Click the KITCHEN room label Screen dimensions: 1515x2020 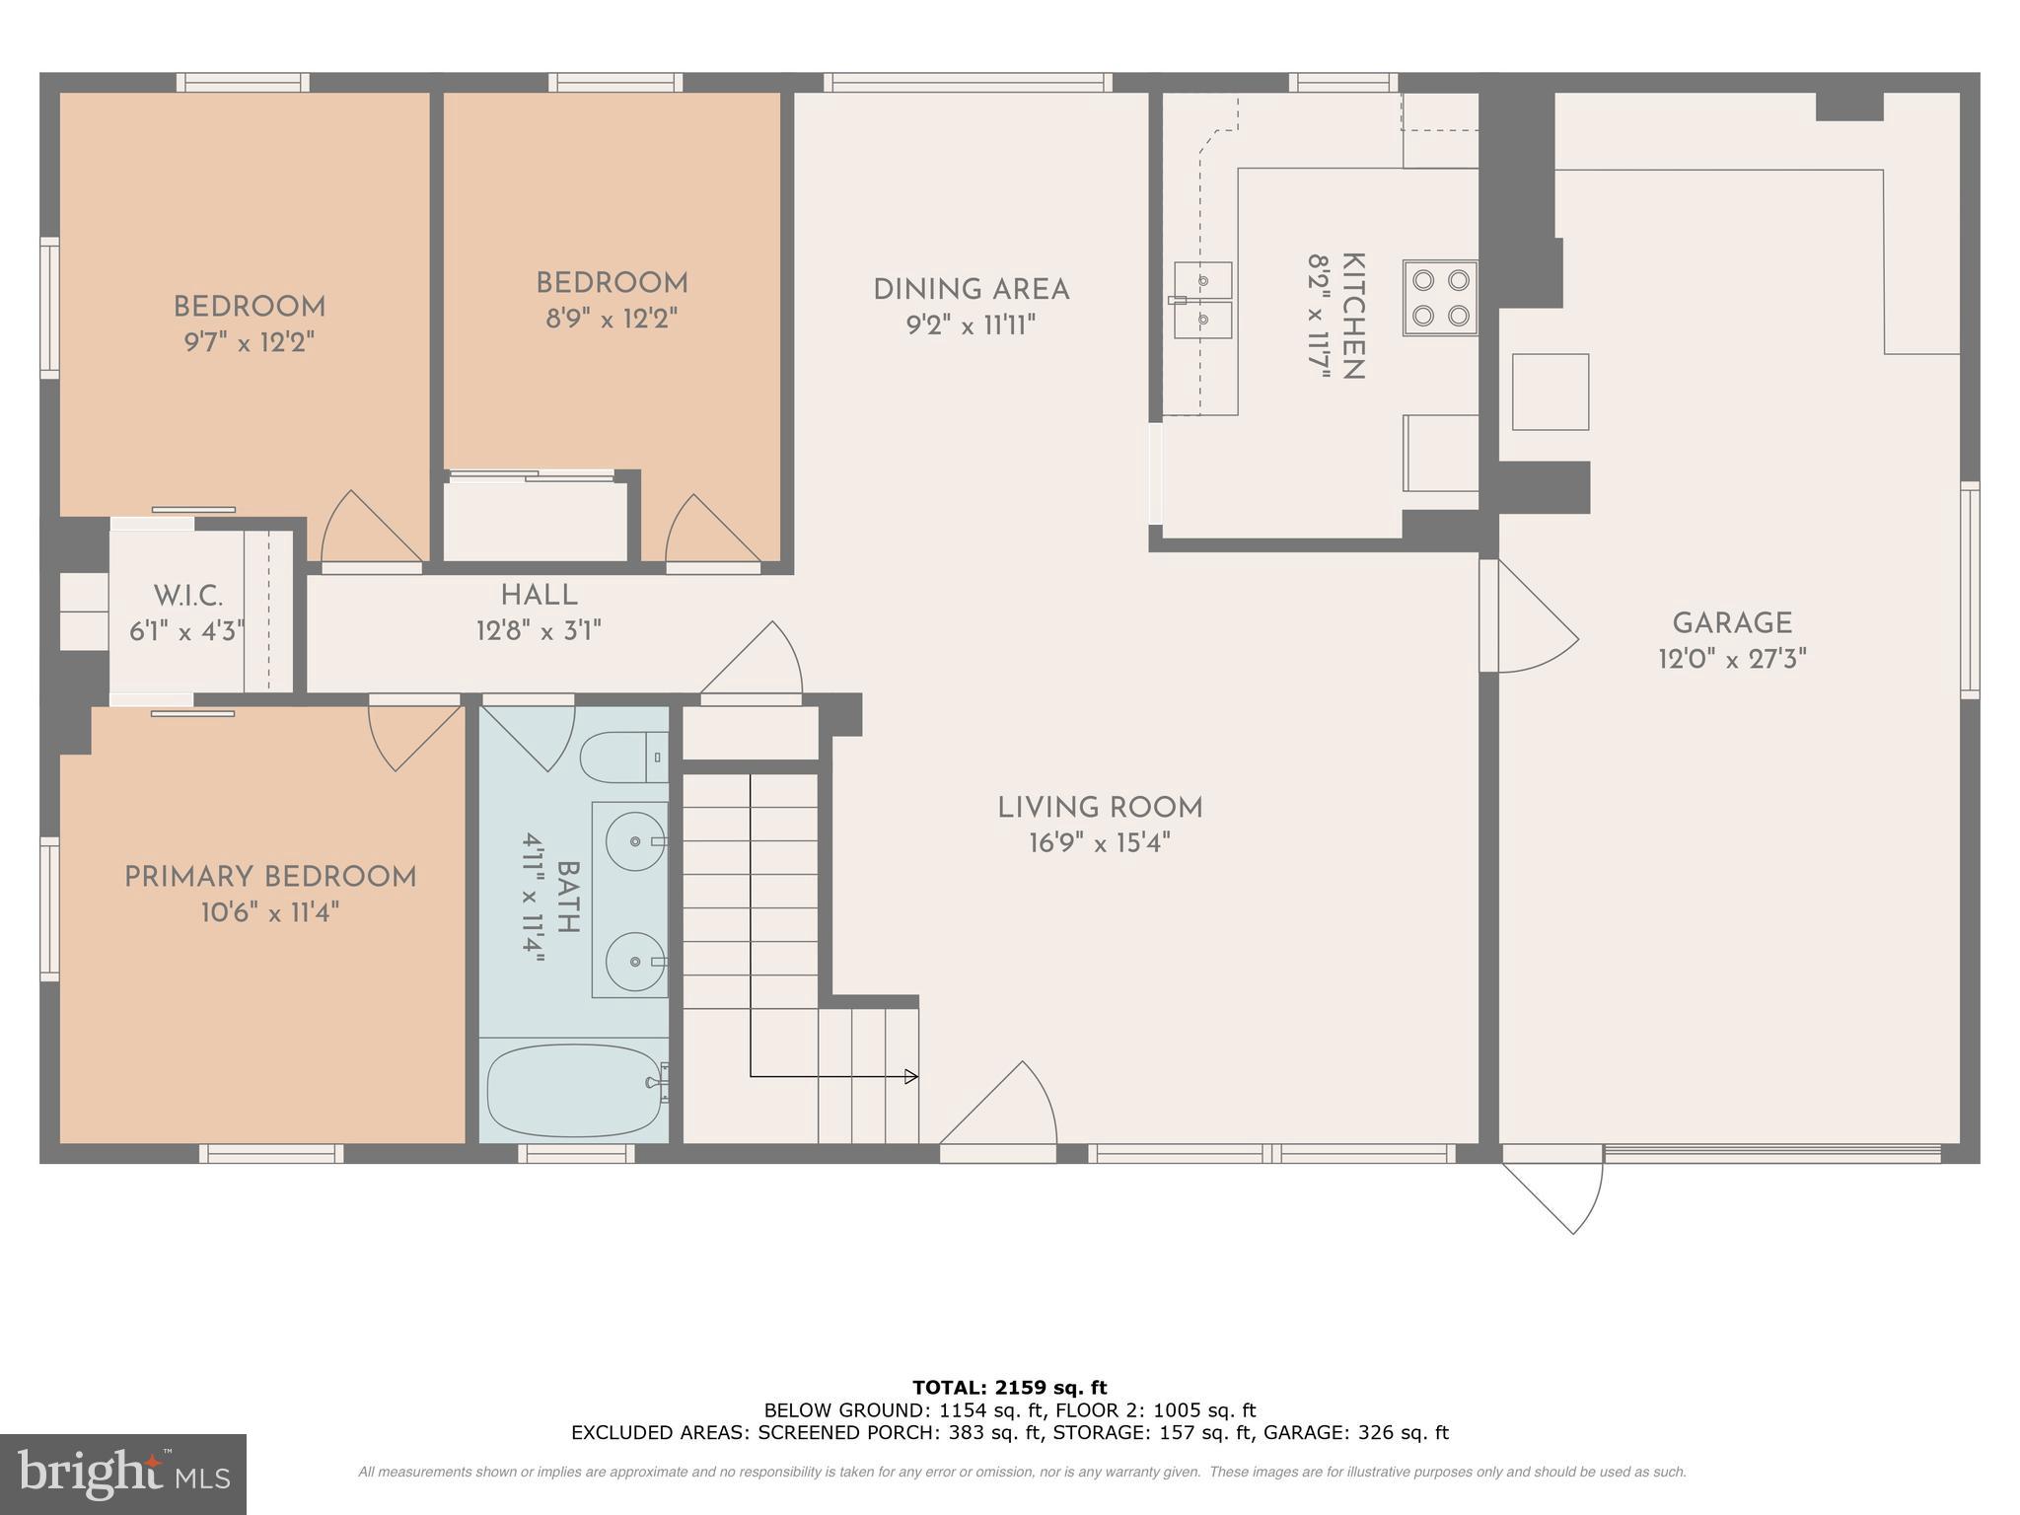pos(1352,317)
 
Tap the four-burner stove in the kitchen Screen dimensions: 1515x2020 pos(1441,298)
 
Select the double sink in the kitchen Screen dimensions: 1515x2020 pos(1203,300)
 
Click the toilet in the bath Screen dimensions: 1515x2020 pos(621,757)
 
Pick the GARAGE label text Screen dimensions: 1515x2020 pos(1731,623)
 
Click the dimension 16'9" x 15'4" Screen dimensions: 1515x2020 pos(1099,843)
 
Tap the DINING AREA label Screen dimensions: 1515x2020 pos(971,290)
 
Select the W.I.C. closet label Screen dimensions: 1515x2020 pos(187,596)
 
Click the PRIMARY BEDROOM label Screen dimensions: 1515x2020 pos(270,877)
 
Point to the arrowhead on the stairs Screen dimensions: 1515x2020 pos(911,1076)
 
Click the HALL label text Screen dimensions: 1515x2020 pos(539,595)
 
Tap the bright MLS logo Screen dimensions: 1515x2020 pos(122,1475)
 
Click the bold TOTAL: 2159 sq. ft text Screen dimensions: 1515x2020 pos(1009,1388)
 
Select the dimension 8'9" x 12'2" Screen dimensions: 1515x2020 pos(612,319)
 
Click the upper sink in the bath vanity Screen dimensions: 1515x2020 pos(633,841)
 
